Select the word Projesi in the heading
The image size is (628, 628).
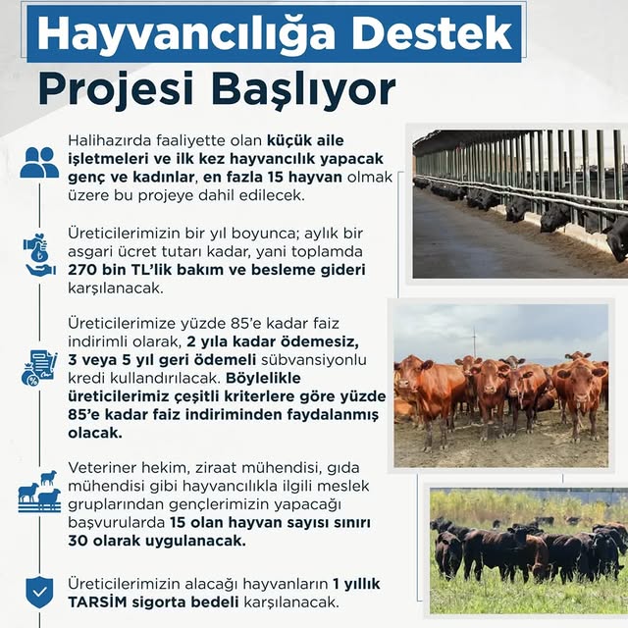(104, 88)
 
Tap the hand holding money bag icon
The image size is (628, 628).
(39, 254)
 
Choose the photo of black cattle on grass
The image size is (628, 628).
(528, 550)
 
